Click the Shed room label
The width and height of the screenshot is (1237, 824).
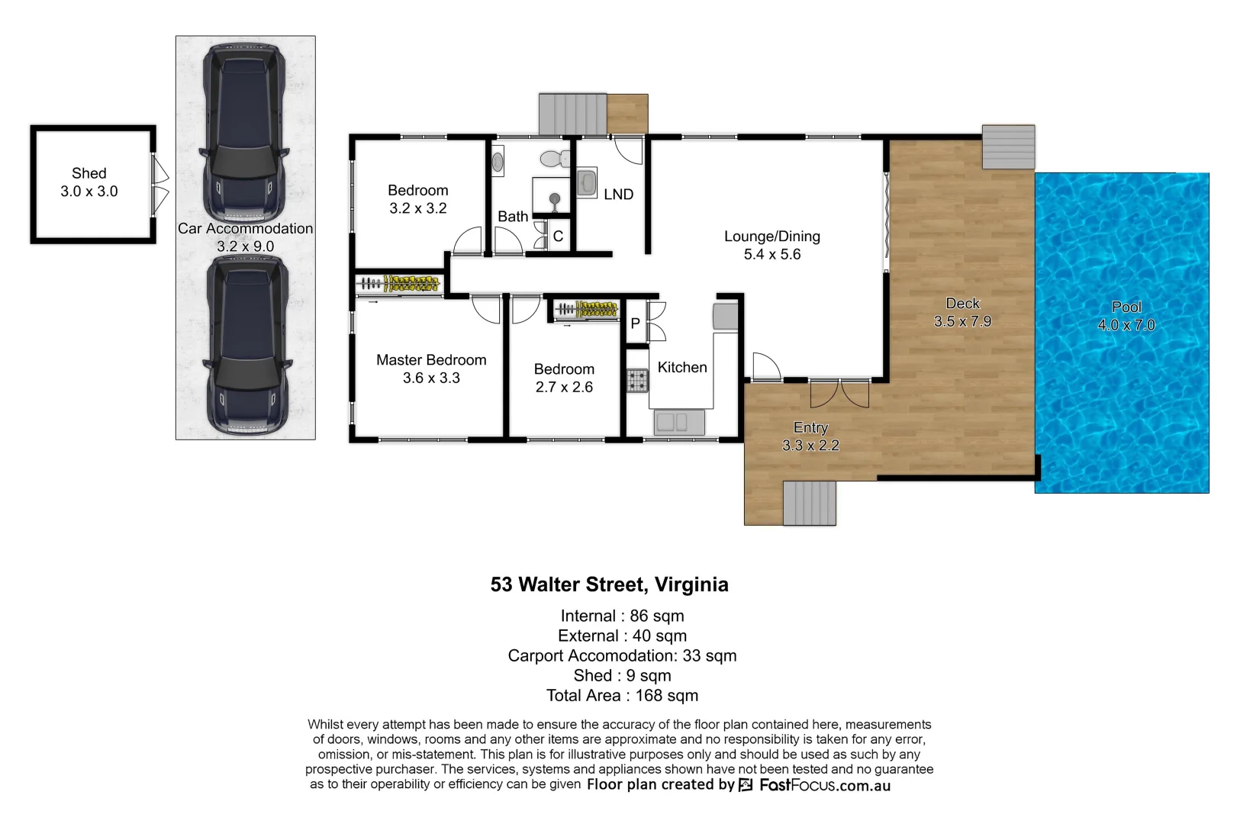[89, 174]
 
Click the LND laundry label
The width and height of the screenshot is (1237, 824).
[618, 195]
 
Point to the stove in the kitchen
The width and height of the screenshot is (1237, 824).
[637, 380]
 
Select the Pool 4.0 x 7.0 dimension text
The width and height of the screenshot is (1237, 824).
[1126, 325]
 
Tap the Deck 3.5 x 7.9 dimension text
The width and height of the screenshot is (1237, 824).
[962, 322]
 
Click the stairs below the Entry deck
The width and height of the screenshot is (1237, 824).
[809, 503]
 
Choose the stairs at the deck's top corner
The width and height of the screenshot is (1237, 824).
[1008, 146]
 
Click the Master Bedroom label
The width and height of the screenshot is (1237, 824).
[431, 360]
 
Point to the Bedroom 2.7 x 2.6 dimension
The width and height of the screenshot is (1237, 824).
[564, 387]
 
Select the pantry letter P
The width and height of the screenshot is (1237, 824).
[635, 323]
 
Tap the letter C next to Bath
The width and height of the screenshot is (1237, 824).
[558, 237]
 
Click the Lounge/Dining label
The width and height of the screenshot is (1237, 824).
[772, 237]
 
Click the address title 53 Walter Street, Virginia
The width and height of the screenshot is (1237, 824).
[609, 584]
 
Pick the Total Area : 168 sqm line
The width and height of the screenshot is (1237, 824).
[622, 695]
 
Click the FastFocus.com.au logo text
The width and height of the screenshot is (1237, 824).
[824, 785]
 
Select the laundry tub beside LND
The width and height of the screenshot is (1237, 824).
[587, 183]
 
